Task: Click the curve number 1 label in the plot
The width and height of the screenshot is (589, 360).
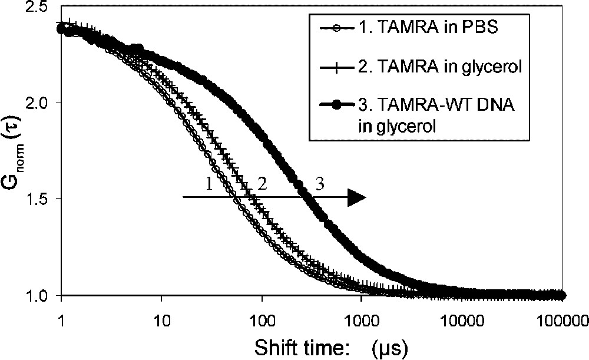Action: pos(209,184)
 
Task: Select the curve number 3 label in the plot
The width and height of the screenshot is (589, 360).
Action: pos(320,184)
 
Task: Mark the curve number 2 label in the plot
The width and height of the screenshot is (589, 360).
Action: pos(263,184)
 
